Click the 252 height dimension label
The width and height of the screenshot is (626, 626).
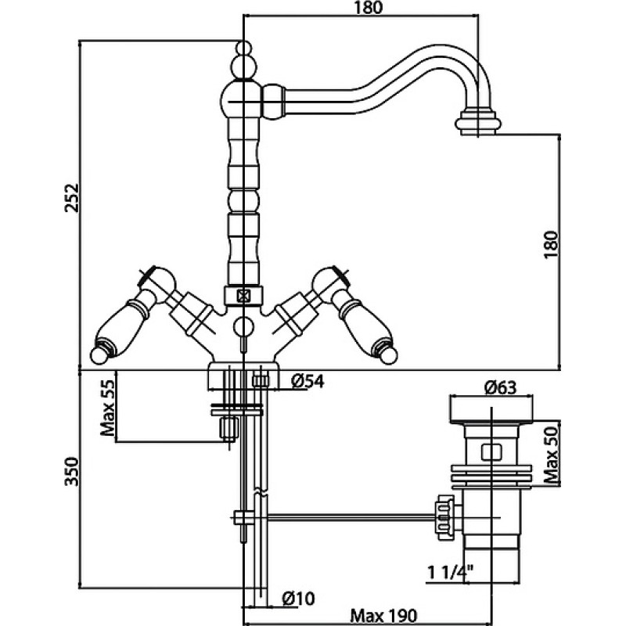click(x=73, y=198)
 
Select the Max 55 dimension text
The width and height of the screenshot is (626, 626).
click(x=107, y=407)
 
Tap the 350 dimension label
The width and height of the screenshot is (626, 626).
click(x=73, y=472)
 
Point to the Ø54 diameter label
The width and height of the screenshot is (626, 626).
click(x=308, y=382)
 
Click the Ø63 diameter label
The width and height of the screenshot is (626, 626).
click(x=500, y=387)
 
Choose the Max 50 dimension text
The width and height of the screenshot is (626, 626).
click(x=552, y=455)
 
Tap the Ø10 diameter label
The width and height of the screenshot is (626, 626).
click(x=298, y=598)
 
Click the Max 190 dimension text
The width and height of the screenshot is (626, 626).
click(x=383, y=615)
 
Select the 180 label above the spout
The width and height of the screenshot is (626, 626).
click(x=367, y=8)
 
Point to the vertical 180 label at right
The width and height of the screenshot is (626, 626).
click(x=552, y=244)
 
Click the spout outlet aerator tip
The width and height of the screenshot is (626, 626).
click(x=478, y=123)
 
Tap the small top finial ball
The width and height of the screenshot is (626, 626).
click(x=243, y=48)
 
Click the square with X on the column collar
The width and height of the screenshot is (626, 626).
click(x=243, y=296)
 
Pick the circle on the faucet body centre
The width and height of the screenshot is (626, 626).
click(x=243, y=326)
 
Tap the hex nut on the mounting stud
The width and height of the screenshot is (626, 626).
click(x=228, y=428)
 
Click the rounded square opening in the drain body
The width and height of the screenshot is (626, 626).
click(x=491, y=452)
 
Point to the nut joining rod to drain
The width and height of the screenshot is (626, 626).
click(x=445, y=517)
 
